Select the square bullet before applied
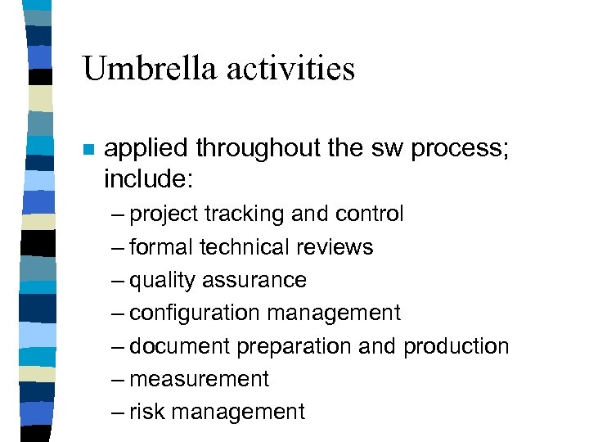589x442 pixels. click(x=89, y=151)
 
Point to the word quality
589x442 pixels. click(x=156, y=281)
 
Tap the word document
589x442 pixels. click(x=180, y=347)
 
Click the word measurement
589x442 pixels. click(x=199, y=380)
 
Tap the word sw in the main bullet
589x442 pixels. click(x=385, y=149)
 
